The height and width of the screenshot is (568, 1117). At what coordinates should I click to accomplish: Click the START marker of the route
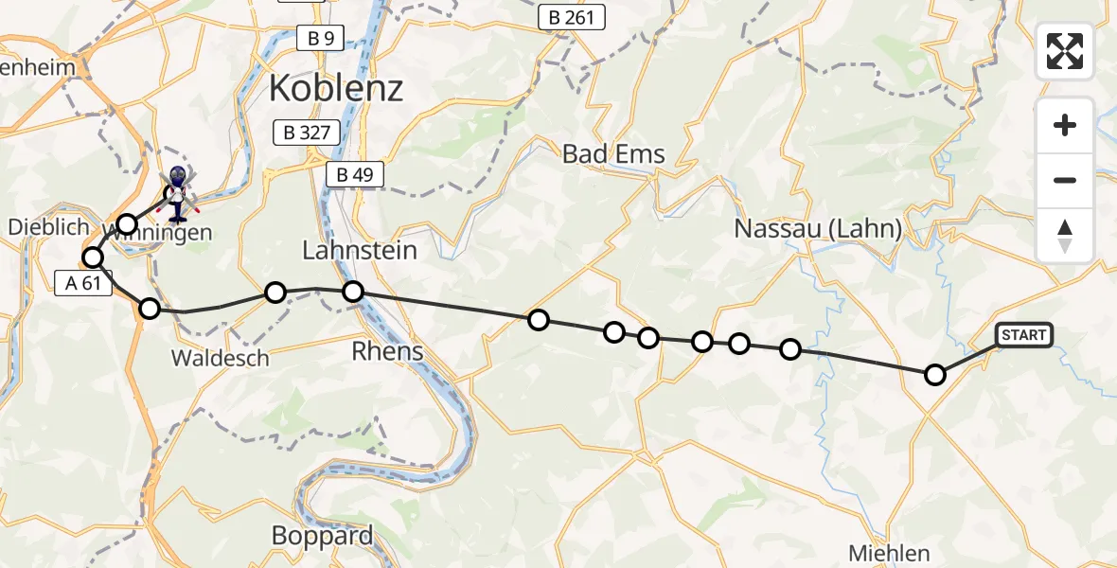coord(1023,335)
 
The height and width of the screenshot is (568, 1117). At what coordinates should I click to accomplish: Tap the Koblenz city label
coord(336,89)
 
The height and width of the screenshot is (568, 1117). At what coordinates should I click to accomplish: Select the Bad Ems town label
coord(613,153)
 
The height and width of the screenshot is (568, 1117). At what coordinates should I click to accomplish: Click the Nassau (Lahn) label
coord(818,229)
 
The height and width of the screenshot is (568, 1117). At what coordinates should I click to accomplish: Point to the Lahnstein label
coord(360,251)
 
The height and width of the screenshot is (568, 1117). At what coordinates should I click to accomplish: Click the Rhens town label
coord(387,351)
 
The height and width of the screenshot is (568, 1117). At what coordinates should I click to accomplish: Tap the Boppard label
coord(323,536)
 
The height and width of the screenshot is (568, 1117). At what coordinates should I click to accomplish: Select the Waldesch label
coord(221,358)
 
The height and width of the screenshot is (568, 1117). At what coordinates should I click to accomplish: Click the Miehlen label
coord(889,553)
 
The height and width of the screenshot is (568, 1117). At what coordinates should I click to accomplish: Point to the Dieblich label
coord(48,227)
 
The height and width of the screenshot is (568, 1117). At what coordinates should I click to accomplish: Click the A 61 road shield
coord(83,283)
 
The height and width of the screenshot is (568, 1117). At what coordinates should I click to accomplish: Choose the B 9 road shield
coord(320,38)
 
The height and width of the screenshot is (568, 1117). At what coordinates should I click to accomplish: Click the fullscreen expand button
coord(1065,51)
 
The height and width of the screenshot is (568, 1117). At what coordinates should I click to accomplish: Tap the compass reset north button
coord(1065,236)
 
